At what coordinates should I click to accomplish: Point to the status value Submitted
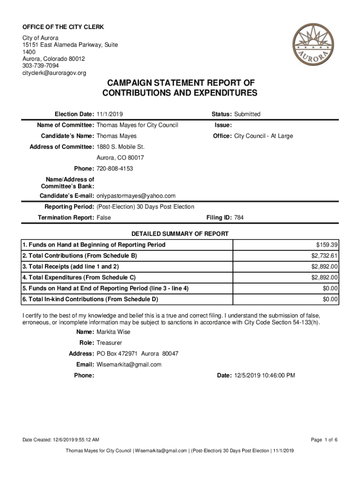point(247,114)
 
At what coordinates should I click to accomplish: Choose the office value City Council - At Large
point(263,136)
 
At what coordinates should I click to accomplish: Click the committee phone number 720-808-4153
point(115,168)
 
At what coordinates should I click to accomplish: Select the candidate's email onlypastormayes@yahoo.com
point(136,196)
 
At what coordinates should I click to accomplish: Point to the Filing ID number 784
point(239,218)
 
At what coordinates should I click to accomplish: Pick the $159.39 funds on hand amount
point(327,245)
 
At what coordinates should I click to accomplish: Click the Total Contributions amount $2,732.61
point(324,256)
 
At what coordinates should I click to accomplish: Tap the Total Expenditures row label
point(79,277)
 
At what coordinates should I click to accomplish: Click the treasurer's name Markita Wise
point(114,332)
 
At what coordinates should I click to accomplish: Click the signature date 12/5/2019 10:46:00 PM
point(264,375)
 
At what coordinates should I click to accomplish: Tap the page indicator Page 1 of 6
point(324,440)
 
